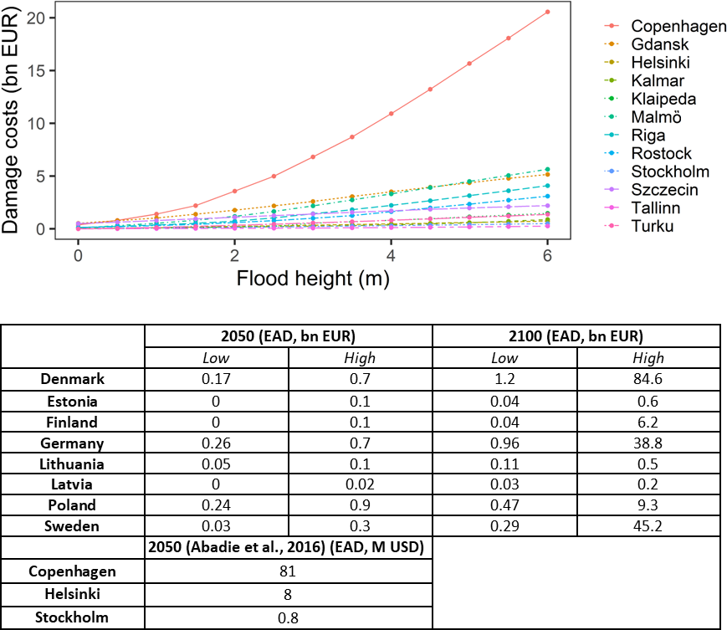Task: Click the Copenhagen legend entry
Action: point(678,27)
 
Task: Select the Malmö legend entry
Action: point(658,117)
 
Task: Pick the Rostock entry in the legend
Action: point(661,153)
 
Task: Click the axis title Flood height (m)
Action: point(314,279)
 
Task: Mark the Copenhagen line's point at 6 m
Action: point(547,12)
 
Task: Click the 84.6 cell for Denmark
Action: point(648,379)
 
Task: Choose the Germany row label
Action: point(71,442)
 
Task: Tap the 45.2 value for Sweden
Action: point(648,525)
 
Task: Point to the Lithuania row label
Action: point(71,463)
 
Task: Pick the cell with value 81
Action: point(289,572)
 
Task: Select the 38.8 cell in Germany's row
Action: point(648,442)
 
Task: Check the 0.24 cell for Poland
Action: point(217,505)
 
